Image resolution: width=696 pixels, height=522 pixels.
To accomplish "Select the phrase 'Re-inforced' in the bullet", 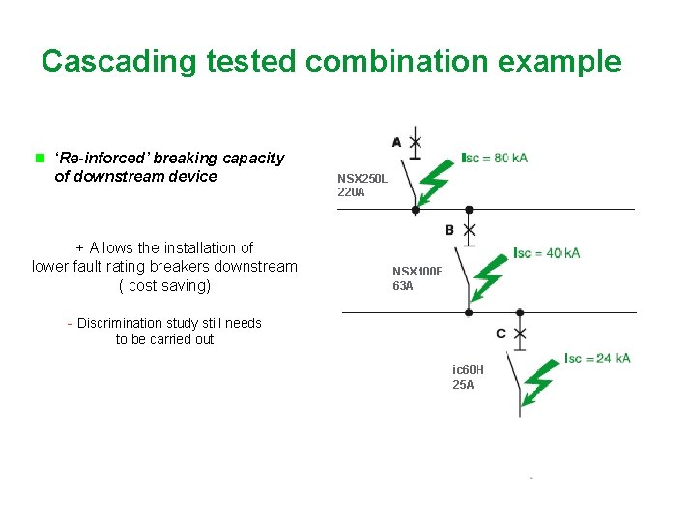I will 98,158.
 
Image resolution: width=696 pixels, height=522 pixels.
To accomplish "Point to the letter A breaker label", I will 396,142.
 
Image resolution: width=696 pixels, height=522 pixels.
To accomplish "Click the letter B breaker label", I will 449,230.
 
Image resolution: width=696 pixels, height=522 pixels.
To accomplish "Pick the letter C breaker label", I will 501,333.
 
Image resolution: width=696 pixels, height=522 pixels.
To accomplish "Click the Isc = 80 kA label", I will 494,158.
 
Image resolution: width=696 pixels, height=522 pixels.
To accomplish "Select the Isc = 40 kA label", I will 547,253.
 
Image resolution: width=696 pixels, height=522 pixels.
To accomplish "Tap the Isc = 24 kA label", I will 597,358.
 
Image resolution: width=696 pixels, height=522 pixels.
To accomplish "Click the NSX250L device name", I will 362,179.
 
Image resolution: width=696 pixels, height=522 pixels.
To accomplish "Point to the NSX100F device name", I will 417,272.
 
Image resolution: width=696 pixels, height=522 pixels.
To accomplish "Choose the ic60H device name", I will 468,370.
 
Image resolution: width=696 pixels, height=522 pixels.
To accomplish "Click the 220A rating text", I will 351,192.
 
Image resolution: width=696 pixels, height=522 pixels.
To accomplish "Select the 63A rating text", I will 403,285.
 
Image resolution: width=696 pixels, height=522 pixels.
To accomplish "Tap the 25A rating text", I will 463,385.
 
